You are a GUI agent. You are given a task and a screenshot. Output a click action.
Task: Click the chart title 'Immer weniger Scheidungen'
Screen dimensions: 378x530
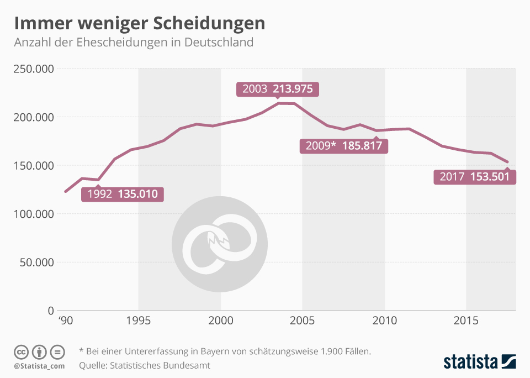(x=139, y=23)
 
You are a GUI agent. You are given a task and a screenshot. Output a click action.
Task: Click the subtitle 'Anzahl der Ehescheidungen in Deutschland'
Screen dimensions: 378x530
(x=134, y=42)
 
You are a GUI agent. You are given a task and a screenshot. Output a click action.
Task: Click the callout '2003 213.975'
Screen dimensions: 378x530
(x=278, y=89)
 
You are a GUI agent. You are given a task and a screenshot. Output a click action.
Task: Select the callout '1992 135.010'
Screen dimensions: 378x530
(x=123, y=194)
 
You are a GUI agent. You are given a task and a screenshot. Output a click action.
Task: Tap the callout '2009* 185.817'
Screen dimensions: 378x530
(x=343, y=146)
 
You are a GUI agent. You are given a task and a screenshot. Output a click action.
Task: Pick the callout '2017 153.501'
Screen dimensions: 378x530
(x=475, y=177)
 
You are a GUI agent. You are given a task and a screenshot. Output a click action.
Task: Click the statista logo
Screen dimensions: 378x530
(x=480, y=362)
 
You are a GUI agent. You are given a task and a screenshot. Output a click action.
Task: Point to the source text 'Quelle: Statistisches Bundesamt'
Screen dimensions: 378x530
(x=145, y=365)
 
